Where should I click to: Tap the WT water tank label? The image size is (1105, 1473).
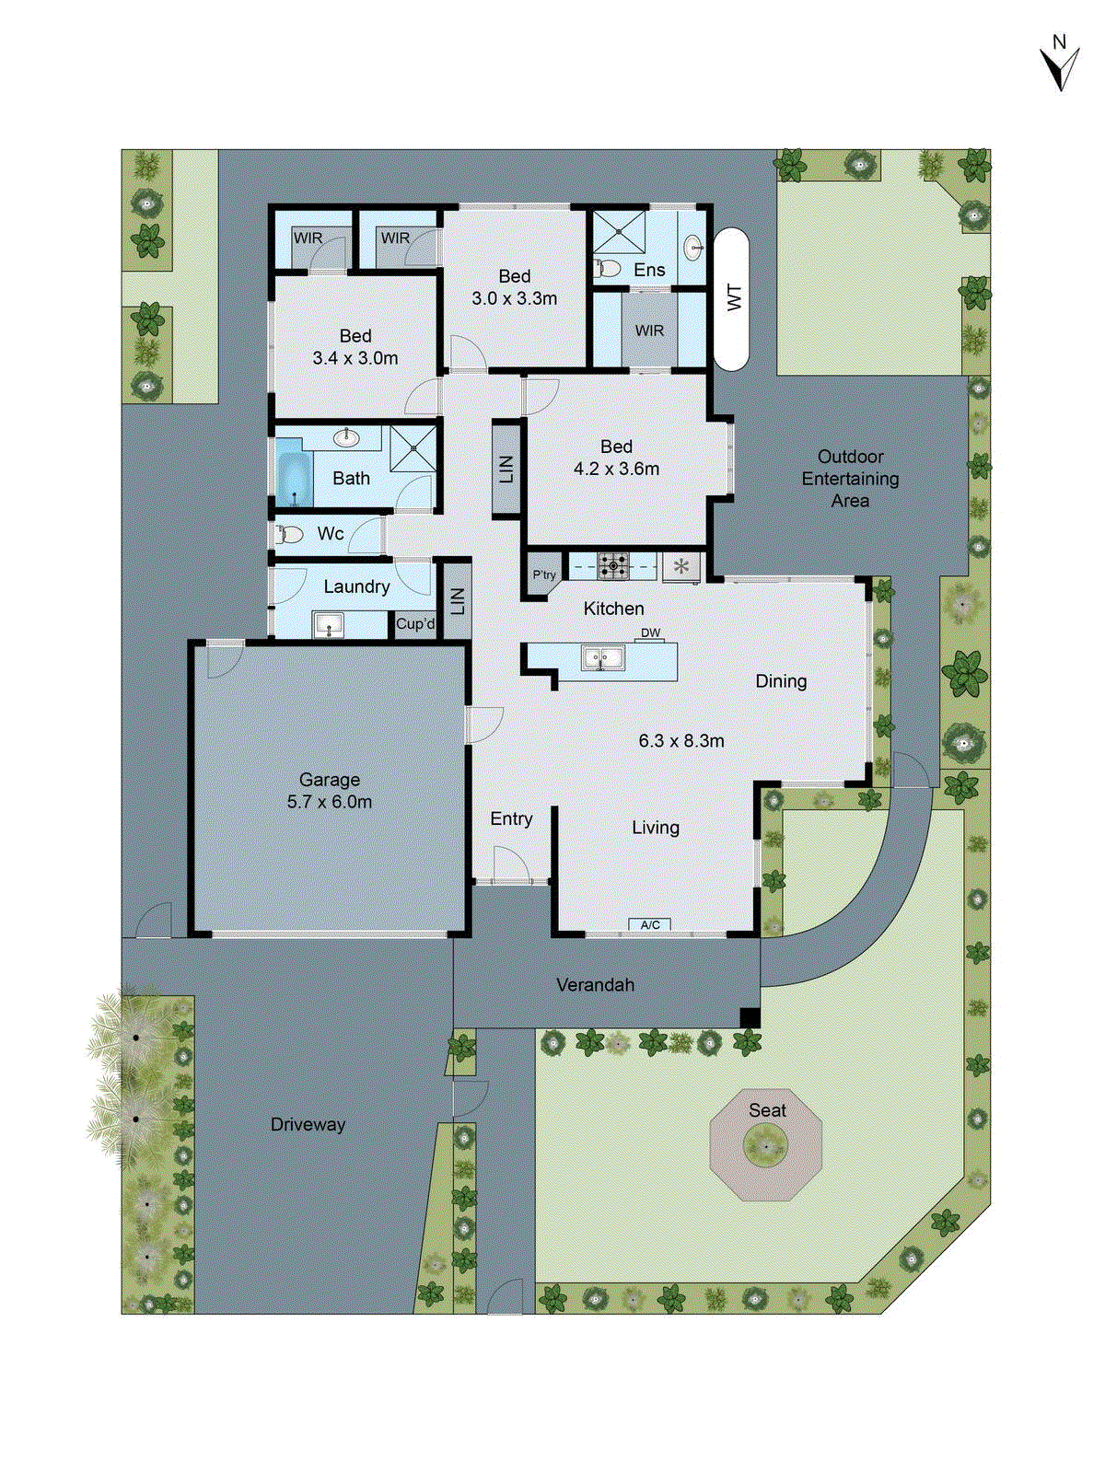734,297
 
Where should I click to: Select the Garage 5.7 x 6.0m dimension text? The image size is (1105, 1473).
330,802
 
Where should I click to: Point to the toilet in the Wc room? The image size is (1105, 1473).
290,534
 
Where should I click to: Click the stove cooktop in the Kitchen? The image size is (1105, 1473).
613,565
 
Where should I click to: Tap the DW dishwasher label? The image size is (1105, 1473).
650,632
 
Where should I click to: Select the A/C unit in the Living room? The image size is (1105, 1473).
650,924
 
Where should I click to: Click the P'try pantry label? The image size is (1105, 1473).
544,574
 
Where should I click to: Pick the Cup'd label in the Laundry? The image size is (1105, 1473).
415,624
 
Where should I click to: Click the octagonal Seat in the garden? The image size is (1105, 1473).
765,1145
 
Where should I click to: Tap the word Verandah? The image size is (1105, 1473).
595,985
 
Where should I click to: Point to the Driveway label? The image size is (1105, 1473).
308,1124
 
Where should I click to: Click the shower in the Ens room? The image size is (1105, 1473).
619,231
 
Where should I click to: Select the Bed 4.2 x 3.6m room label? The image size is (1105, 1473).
616,458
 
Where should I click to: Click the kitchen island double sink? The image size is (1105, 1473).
603,658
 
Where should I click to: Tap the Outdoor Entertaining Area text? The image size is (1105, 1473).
850,479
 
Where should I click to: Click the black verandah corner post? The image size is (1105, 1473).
750,1018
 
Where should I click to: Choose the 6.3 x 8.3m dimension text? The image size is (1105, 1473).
681,740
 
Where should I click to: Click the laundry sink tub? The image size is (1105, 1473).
328,626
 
